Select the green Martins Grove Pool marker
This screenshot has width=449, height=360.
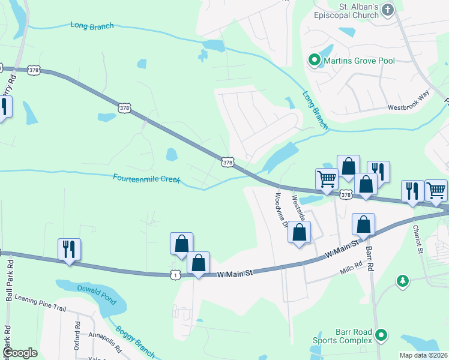click(313, 59)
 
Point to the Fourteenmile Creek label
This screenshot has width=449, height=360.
click(146, 178)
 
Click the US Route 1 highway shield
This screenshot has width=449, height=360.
click(175, 274)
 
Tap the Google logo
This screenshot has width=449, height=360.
click(20, 353)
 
